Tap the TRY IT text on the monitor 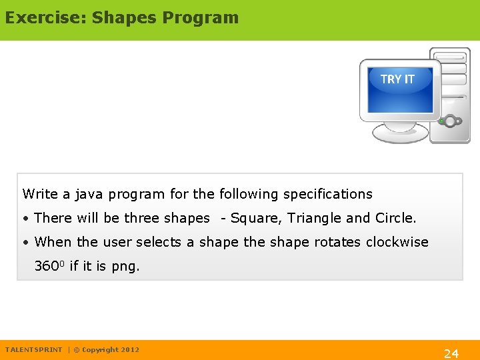pyautogui.click(x=397, y=79)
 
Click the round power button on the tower pyautogui.click(x=451, y=121)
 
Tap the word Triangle pyautogui.click(x=314, y=218)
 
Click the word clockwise pyautogui.click(x=397, y=242)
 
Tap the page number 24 pyautogui.click(x=451, y=353)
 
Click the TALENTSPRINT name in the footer pyautogui.click(x=33, y=350)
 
